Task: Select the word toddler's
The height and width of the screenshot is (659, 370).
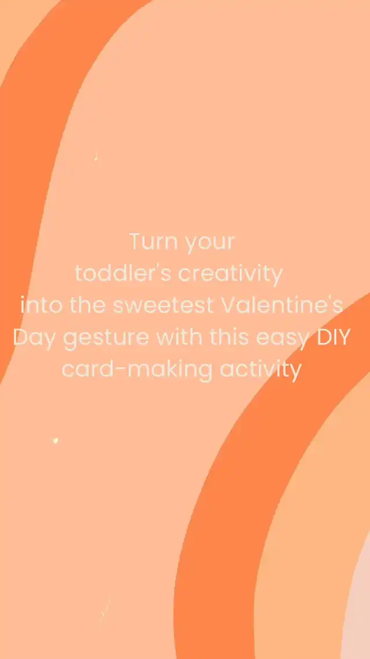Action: click(x=123, y=273)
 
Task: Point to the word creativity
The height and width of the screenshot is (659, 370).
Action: click(x=230, y=275)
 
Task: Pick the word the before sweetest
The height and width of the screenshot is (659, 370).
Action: click(x=88, y=306)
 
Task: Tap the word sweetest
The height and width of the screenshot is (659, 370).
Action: click(x=164, y=306)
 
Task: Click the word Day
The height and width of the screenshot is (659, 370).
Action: click(x=35, y=339)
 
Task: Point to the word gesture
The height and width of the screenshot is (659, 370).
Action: click(x=106, y=339)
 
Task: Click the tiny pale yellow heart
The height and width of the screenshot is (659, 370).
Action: click(x=55, y=441)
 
